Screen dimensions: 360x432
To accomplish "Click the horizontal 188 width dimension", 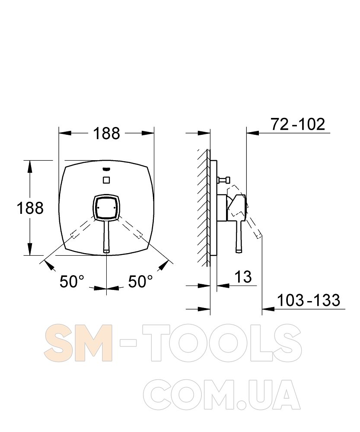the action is pyautogui.click(x=107, y=133).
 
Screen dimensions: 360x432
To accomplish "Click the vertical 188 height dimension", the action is pyautogui.click(x=30, y=208).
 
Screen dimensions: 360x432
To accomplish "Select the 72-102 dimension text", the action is pyautogui.click(x=298, y=124).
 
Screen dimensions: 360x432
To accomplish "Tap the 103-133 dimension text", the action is pyautogui.click(x=309, y=300).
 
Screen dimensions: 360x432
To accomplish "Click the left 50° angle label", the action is pyautogui.click(x=72, y=282).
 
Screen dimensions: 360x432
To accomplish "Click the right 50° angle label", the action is pyautogui.click(x=140, y=282).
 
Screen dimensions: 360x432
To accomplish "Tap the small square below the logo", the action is pyautogui.click(x=106, y=180).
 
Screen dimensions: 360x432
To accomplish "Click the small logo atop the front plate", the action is pyautogui.click(x=106, y=170).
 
